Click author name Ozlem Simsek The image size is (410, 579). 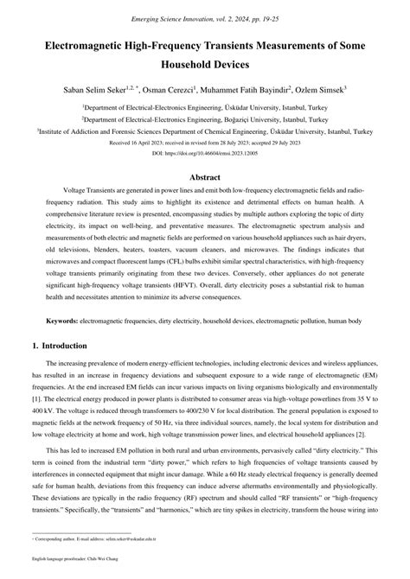click(319, 88)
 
